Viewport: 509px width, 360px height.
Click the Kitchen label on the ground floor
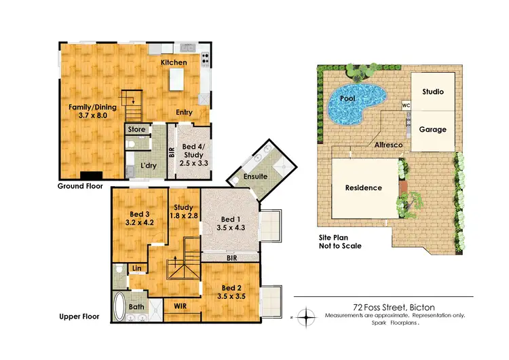pyautogui.click(x=174, y=62)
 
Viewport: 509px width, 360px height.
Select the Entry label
pyautogui.click(x=183, y=113)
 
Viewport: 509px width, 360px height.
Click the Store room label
pyautogui.click(x=136, y=128)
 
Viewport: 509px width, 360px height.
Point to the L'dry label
pyautogui.click(x=150, y=164)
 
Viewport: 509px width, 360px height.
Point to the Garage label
pyautogui.click(x=432, y=129)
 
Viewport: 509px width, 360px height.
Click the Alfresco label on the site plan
pyautogui.click(x=387, y=145)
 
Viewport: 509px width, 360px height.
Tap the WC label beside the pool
pyautogui.click(x=406, y=106)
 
